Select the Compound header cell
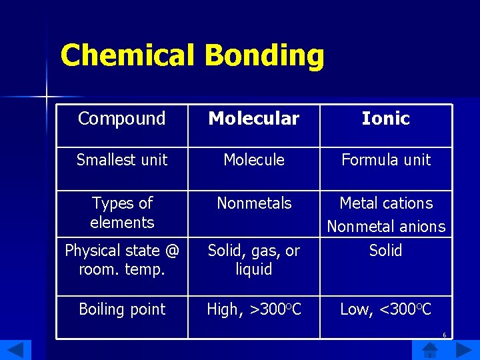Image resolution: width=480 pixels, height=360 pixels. point(121,119)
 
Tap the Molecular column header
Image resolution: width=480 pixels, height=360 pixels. point(254,119)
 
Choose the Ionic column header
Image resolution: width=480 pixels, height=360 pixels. point(385,119)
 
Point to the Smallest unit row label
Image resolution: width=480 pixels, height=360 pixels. point(122,160)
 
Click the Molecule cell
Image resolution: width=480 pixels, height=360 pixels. point(254,160)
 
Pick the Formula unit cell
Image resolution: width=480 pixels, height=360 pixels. point(386,160)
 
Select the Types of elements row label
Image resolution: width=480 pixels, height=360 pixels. point(122,212)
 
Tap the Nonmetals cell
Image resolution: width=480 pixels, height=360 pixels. point(254,203)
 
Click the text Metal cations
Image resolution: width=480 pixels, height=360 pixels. point(386,203)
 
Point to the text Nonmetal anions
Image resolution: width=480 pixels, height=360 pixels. point(386,227)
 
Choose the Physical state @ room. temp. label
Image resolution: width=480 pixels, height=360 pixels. point(122,260)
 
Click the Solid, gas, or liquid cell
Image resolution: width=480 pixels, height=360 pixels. point(254,260)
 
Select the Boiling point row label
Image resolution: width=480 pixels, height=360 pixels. point(122,309)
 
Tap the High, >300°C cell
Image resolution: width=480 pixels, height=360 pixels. point(254,309)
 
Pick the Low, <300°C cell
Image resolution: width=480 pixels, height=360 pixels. point(386,309)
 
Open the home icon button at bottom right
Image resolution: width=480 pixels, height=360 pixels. point(431,349)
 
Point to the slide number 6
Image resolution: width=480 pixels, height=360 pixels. point(444,335)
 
